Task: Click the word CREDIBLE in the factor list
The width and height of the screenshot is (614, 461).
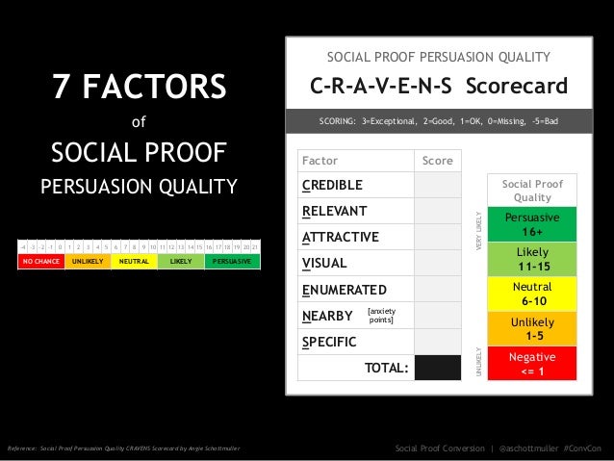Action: pyautogui.click(x=332, y=185)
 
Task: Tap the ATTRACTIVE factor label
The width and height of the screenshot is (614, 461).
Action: pyautogui.click(x=340, y=237)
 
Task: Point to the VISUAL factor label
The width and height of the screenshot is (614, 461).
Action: pyautogui.click(x=324, y=263)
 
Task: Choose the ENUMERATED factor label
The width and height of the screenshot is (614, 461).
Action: pyautogui.click(x=344, y=290)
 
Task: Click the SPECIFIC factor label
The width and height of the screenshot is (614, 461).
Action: pyautogui.click(x=329, y=342)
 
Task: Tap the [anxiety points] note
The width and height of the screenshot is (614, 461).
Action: pyautogui.click(x=381, y=315)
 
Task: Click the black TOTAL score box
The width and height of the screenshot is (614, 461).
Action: pyautogui.click(x=438, y=368)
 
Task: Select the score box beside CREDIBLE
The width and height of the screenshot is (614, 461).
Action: pyautogui.click(x=438, y=185)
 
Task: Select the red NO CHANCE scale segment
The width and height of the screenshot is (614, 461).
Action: pyautogui.click(x=41, y=261)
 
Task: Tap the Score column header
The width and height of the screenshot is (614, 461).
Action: pyautogui.click(x=438, y=161)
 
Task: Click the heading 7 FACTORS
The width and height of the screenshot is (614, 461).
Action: pyautogui.click(x=140, y=90)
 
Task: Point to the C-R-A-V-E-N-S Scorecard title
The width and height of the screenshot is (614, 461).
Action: pyautogui.click(x=438, y=89)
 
